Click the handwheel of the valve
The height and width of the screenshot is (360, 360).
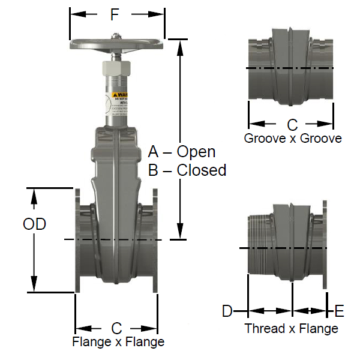point(116,45)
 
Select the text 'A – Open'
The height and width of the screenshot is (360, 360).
point(181,152)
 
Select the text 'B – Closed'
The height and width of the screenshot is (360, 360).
point(187,170)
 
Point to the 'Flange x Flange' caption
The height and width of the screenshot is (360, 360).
point(118,343)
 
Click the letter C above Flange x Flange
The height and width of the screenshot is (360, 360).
point(116,328)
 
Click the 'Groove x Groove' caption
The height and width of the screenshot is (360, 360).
point(293,139)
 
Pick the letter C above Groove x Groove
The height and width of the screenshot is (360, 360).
point(292,125)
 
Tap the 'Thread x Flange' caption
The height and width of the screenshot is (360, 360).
point(291,329)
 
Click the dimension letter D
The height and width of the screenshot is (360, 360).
point(227,311)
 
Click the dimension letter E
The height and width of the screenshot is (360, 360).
point(340,311)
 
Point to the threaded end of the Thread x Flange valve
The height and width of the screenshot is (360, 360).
point(256,248)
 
